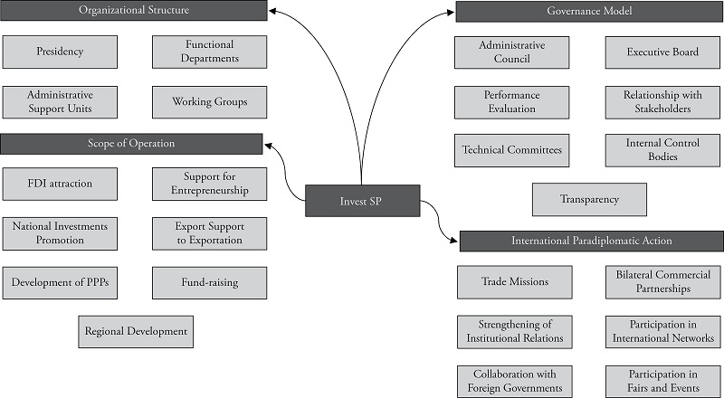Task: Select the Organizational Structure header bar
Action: pyautogui.click(x=134, y=11)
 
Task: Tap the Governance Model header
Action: pyautogui.click(x=589, y=12)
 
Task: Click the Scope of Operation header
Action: pyautogui.click(x=131, y=144)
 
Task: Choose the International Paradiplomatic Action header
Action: pyautogui.click(x=591, y=242)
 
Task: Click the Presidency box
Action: pyautogui.click(x=60, y=52)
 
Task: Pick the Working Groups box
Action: pyautogui.click(x=209, y=101)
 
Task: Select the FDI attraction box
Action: pyautogui.click(x=60, y=184)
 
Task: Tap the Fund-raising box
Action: pyautogui.click(x=209, y=282)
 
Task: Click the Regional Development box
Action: pyautogui.click(x=136, y=331)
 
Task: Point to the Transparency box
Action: pyautogui.click(x=589, y=199)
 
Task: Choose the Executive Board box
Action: pyautogui.click(x=662, y=52)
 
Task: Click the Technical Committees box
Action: pyautogui.click(x=512, y=150)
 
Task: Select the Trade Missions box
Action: pyautogui.click(x=514, y=281)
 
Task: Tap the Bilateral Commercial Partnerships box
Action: pyautogui.click(x=662, y=281)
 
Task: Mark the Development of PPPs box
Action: pyautogui.click(x=60, y=282)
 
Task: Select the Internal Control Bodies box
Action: pyautogui.click(x=662, y=150)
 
